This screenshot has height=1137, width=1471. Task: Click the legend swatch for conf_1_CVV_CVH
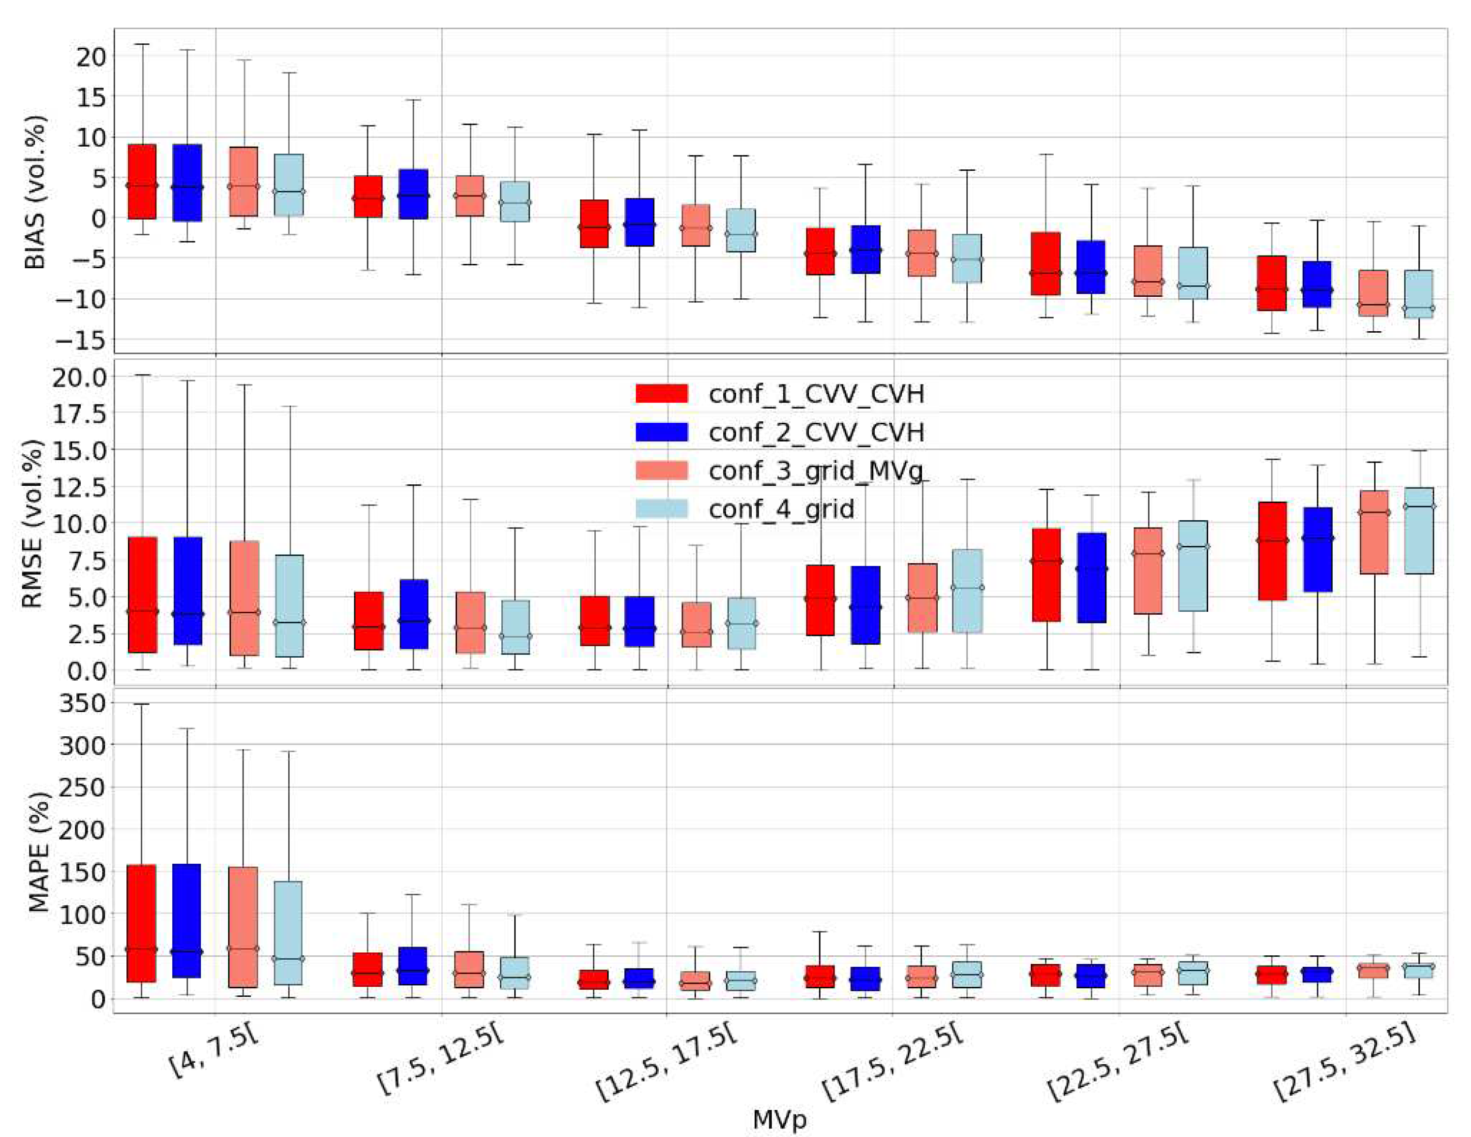661,394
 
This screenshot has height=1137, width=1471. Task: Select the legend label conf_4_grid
781,509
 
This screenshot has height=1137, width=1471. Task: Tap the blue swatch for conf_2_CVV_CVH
661,432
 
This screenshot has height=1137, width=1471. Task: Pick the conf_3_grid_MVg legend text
816,471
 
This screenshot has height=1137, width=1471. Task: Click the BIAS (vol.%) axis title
35,193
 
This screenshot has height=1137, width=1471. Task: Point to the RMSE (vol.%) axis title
32,524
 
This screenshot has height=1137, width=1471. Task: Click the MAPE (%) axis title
39,853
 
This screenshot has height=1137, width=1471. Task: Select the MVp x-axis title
779,1119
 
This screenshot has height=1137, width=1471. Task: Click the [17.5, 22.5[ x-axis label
893,1065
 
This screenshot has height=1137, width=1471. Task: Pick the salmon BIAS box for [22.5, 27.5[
1148,271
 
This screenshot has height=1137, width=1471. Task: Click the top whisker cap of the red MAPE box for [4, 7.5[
142,704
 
